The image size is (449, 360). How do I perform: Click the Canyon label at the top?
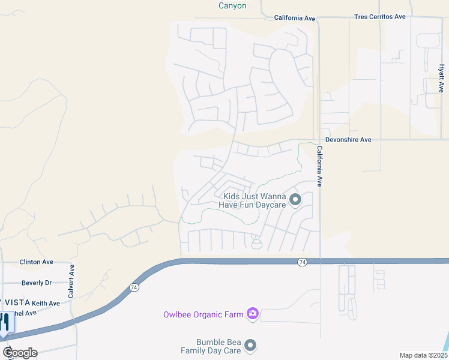232,5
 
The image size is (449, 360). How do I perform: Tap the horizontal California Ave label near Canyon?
295,18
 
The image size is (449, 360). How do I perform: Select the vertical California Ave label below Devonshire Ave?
320,166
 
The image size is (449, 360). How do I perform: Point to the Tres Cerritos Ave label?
380,17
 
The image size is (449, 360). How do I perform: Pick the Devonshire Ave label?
349,140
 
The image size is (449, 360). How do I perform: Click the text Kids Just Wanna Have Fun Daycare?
253,200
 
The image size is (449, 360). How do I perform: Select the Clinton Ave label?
37,262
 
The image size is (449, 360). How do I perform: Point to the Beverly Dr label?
37,283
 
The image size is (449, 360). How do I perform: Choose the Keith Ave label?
46,304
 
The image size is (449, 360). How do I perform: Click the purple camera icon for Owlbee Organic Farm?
253,314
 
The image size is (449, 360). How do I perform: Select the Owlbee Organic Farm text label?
203,314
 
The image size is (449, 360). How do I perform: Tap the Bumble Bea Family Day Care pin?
251,346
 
